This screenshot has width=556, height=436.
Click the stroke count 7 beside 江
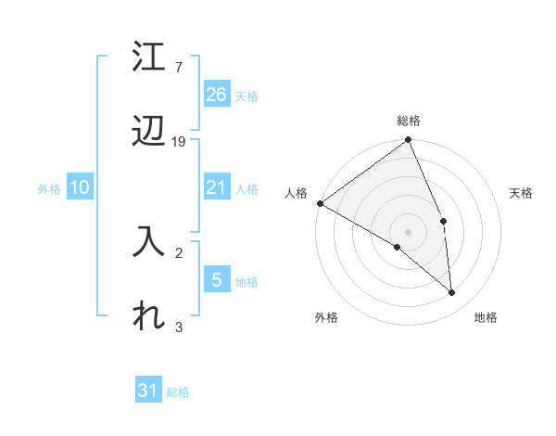(179, 68)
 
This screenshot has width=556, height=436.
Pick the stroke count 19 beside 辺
(179, 142)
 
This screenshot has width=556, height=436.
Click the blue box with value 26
(217, 94)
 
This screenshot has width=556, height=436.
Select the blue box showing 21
(217, 187)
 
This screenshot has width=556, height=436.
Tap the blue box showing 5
(217, 279)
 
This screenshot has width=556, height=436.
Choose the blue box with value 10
(80, 187)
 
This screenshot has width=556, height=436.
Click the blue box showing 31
(148, 391)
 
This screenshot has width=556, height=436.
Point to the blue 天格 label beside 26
(246, 96)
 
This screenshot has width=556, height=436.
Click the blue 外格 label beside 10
(49, 189)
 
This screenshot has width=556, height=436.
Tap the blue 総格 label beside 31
(178, 392)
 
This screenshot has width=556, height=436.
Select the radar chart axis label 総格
(409, 121)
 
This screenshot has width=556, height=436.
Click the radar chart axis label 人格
(296, 192)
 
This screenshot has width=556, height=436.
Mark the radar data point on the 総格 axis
(408, 141)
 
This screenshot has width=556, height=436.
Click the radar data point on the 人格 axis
(320, 203)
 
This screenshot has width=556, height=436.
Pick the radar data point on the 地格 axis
(452, 293)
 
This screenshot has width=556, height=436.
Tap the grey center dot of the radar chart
(408, 231)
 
